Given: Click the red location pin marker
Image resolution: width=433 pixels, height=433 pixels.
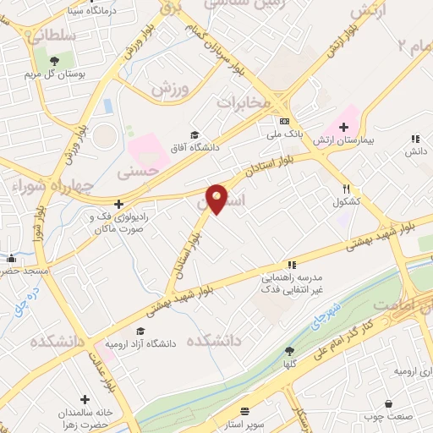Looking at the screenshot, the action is pyautogui.click(x=217, y=199).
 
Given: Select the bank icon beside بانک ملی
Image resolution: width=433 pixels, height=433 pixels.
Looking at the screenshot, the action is pyautogui.click(x=285, y=119).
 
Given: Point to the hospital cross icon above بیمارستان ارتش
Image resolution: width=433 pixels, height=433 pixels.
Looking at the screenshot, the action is pyautogui.click(x=343, y=123).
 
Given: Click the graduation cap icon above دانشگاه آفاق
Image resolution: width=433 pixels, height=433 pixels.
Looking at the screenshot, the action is pyautogui.click(x=195, y=134).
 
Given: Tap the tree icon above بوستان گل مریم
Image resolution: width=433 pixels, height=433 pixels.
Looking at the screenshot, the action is pyautogui.click(x=54, y=60).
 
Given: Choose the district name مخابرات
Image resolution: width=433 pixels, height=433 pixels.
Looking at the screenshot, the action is pyautogui.click(x=244, y=102).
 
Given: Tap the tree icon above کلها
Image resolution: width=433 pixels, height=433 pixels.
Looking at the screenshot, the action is pyautogui.click(x=290, y=351).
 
